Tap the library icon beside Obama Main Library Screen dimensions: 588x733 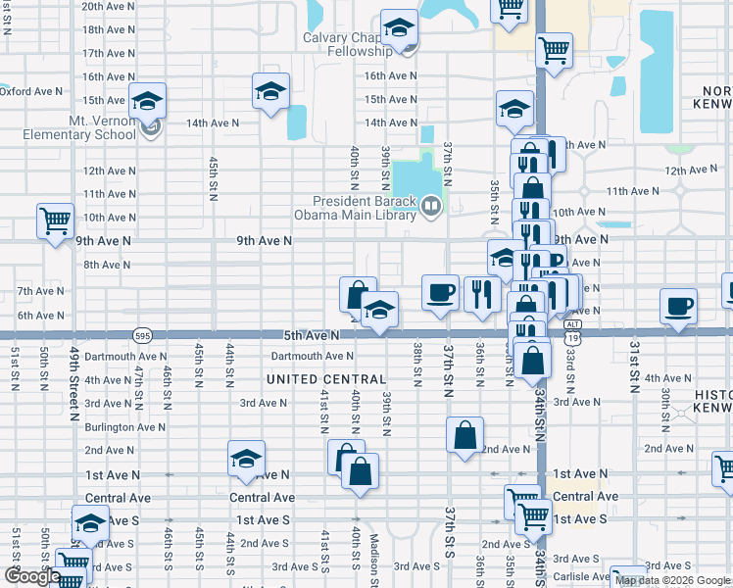coord(430,207)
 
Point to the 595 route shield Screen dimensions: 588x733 coord(143,335)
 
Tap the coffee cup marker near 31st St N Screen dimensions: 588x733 coord(678,307)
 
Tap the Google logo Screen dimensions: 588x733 coord(31,576)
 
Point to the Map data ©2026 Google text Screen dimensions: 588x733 coord(672,580)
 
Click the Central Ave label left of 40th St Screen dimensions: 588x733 coord(262,497)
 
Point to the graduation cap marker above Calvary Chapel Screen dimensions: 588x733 coord(399,30)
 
